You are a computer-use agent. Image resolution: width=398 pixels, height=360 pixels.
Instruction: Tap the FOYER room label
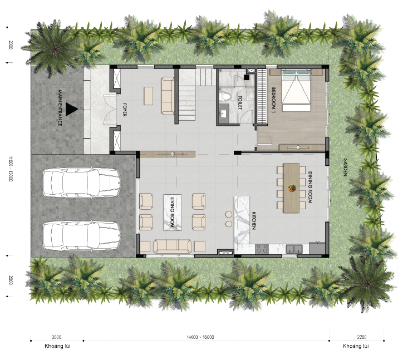(x=124, y=110)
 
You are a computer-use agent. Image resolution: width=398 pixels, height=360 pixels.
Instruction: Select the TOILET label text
(x=240, y=103)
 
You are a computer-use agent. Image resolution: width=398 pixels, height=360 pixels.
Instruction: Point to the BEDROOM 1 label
(x=273, y=100)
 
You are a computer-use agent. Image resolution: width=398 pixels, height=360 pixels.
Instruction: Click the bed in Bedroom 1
(x=296, y=91)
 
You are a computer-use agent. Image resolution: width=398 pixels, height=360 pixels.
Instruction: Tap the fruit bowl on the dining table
(x=292, y=188)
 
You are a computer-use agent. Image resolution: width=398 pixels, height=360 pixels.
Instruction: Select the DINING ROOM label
(x=309, y=187)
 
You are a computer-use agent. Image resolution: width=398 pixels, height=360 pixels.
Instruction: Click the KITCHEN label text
(x=254, y=221)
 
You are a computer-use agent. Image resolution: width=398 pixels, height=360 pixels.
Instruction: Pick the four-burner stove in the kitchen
(x=262, y=248)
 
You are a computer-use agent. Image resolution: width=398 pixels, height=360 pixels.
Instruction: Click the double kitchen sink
(x=294, y=249)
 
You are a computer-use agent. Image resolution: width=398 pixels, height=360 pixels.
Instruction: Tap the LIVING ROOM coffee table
(x=173, y=213)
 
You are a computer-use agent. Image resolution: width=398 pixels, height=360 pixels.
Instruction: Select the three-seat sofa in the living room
(x=173, y=246)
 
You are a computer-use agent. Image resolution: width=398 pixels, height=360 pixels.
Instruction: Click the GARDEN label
(x=345, y=167)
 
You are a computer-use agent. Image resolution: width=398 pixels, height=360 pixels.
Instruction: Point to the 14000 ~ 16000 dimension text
(x=200, y=337)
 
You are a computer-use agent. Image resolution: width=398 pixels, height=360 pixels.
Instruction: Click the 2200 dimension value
(x=362, y=337)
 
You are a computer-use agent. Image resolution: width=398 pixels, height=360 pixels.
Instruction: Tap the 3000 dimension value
(x=57, y=337)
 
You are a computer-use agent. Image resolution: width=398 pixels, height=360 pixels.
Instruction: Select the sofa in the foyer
(x=168, y=96)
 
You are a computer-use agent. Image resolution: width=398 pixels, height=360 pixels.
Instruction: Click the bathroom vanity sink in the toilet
(x=224, y=114)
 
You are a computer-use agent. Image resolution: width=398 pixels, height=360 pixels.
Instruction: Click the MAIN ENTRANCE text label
(x=60, y=108)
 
